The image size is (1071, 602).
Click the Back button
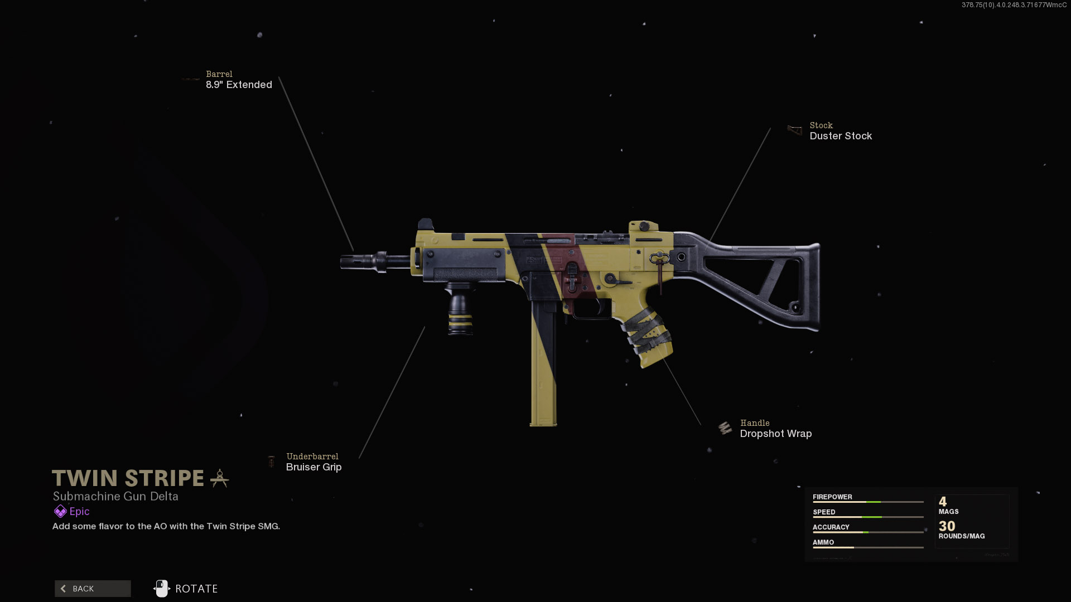pyautogui.click(x=93, y=589)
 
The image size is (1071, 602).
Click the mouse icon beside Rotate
pyautogui.click(x=161, y=589)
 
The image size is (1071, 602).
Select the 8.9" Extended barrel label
pyautogui.click(x=239, y=85)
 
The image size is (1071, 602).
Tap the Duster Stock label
pyautogui.click(x=841, y=136)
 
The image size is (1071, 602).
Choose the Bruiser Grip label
pyautogui.click(x=313, y=467)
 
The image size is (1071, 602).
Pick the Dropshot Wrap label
pyautogui.click(x=775, y=434)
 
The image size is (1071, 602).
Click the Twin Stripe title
pyautogui.click(x=128, y=478)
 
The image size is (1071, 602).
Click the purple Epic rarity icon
pyautogui.click(x=60, y=511)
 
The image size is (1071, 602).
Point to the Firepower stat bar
pyautogui.click(x=868, y=502)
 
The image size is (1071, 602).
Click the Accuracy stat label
pyautogui.click(x=831, y=527)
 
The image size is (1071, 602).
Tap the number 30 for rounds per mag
pyautogui.click(x=947, y=526)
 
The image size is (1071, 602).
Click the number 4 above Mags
pyautogui.click(x=943, y=502)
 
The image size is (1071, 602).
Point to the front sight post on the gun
pyautogui.click(x=425, y=224)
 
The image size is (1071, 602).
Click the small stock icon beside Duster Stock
pyautogui.click(x=794, y=130)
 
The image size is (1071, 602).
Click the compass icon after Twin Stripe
pyautogui.click(x=219, y=478)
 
